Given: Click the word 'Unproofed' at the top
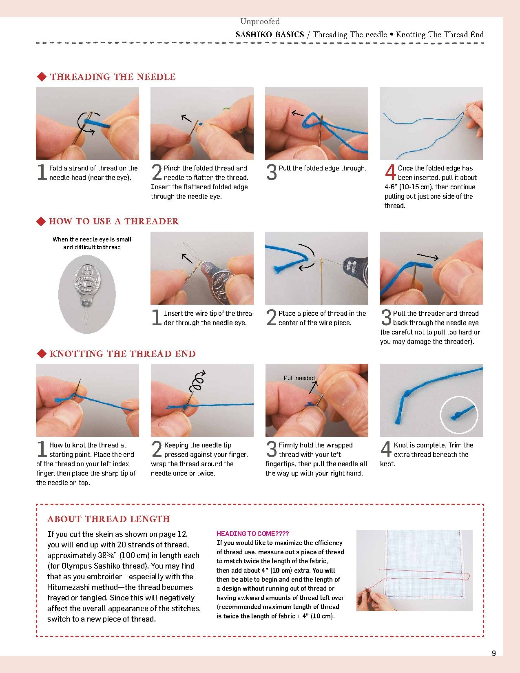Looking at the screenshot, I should (x=260, y=22).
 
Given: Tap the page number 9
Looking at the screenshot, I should (x=494, y=653).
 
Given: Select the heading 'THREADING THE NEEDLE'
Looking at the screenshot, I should (x=113, y=77).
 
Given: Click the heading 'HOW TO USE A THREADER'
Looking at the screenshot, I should (x=114, y=221).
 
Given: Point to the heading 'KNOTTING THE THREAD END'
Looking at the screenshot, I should (x=122, y=354).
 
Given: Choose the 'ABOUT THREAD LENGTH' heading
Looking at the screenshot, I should (x=108, y=519).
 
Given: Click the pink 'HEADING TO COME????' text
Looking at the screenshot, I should (x=252, y=534).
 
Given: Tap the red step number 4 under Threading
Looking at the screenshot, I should (x=390, y=172).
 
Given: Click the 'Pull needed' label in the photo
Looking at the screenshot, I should (x=299, y=378).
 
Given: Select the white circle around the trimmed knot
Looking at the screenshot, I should (x=459, y=415).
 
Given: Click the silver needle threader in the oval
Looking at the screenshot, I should (x=87, y=286).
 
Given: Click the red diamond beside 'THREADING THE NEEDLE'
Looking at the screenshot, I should (x=41, y=77).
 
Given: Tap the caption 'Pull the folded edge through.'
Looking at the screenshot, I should (x=322, y=168).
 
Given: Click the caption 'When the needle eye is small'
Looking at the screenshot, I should (x=92, y=239).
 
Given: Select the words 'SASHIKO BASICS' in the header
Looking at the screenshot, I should (x=270, y=35).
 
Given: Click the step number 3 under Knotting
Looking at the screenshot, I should (x=272, y=449).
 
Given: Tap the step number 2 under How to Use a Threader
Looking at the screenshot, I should (x=271, y=318).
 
